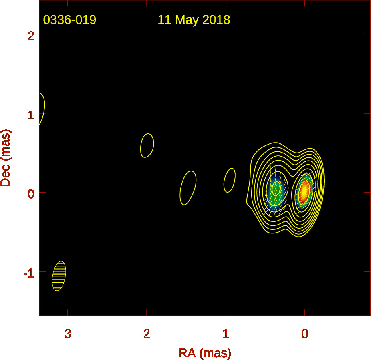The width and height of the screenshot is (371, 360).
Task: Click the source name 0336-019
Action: [70, 20]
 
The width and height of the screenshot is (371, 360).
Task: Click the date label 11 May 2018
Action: [194, 20]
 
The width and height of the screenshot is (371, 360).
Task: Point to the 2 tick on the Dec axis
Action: [31, 36]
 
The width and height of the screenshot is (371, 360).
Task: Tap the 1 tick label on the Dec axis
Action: [31, 115]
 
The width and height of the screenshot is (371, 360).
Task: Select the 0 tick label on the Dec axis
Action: [31, 194]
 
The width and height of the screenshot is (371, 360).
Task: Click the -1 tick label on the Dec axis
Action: [29, 274]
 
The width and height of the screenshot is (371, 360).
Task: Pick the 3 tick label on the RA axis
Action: [68, 334]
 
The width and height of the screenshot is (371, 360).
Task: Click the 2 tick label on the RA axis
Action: [147, 334]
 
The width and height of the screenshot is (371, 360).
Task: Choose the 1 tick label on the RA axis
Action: [226, 334]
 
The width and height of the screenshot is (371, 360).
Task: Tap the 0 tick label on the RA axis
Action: [305, 334]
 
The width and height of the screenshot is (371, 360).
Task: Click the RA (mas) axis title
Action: [205, 353]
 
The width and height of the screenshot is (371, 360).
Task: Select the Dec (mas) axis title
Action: [6, 158]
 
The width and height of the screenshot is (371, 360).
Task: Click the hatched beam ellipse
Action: [59, 276]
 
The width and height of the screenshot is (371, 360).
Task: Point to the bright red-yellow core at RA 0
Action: [305, 191]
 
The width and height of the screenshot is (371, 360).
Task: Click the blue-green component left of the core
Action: [276, 191]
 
